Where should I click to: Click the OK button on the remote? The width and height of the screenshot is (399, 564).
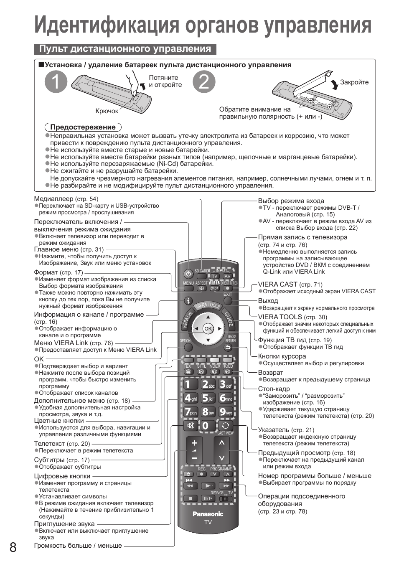[208, 329]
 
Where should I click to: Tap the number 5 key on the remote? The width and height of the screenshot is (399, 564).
[208, 398]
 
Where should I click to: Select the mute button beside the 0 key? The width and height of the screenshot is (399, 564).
[191, 426]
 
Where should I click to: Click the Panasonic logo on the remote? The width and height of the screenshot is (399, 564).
[208, 514]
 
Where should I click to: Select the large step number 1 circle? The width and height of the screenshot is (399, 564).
[56, 81]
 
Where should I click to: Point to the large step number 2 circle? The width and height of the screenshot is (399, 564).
[204, 81]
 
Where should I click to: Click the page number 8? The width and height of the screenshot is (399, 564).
[13, 547]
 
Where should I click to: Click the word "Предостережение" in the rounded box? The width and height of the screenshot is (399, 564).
[83, 127]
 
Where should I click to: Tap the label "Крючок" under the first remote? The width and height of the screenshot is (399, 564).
[107, 111]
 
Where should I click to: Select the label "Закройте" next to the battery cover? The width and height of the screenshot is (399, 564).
[354, 82]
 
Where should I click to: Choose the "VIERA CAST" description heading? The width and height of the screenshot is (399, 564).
[277, 285]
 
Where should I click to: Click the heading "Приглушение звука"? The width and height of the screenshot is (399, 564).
[64, 524]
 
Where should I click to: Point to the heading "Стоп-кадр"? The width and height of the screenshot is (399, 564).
[274, 389]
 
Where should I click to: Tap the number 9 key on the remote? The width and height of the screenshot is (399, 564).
[225, 412]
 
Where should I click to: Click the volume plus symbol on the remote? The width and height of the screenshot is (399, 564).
[194, 443]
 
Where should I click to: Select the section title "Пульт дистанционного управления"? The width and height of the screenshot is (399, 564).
[125, 49]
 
